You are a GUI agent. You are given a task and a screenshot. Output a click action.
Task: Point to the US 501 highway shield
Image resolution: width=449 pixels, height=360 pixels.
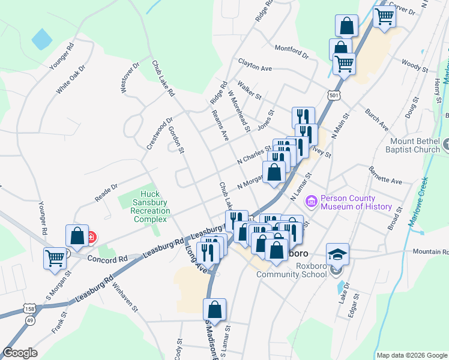pyautogui.click(x=334, y=95)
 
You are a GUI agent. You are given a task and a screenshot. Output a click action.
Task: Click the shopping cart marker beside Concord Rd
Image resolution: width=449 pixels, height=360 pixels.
pyautogui.click(x=55, y=258)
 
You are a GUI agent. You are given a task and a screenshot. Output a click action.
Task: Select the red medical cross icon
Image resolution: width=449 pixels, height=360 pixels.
pyautogui.click(x=91, y=237)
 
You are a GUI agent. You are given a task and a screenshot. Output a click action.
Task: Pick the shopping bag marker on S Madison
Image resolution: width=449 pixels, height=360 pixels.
pyautogui.click(x=214, y=310)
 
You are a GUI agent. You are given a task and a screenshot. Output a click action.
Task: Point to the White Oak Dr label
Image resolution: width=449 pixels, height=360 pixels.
pyautogui.click(x=71, y=79)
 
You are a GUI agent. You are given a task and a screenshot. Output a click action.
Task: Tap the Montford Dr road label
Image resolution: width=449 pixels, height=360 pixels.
pyautogui.click(x=291, y=52)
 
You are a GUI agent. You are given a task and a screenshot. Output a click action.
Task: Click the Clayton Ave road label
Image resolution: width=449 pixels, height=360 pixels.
pyautogui.click(x=255, y=65)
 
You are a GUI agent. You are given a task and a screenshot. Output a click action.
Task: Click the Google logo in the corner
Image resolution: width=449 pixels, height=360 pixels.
pyautogui.click(x=20, y=353)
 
